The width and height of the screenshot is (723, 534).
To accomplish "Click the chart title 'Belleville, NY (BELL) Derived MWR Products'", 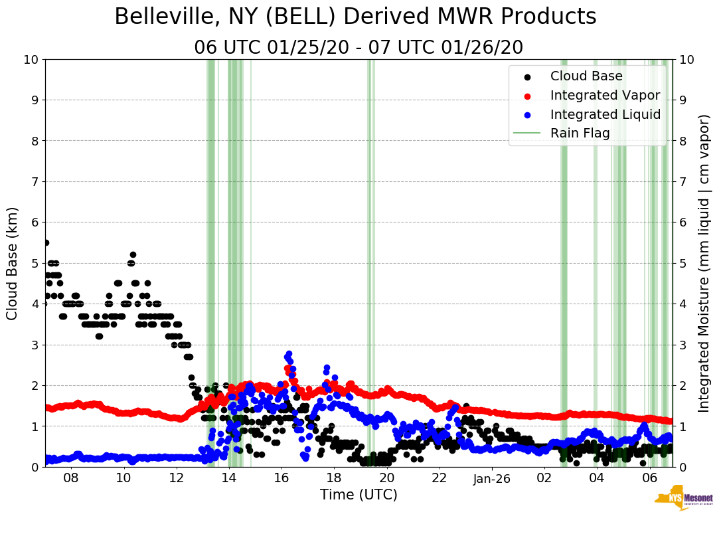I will [355, 17].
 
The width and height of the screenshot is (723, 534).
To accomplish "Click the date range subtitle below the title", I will [359, 48].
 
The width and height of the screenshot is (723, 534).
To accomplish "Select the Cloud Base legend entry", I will [586, 76].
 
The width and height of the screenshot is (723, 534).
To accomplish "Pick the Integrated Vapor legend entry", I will [605, 95].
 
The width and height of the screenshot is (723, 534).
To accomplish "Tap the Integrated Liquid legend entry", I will [605, 114].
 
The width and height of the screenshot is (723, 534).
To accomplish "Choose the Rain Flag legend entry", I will [580, 133].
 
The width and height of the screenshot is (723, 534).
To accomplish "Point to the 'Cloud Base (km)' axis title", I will [13, 263].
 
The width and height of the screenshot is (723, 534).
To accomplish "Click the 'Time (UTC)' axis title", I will [359, 495].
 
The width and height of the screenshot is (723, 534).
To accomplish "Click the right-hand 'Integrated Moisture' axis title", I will [705, 263].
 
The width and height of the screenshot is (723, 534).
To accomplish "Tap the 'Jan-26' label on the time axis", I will [492, 478].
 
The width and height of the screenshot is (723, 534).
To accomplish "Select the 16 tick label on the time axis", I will [281, 478].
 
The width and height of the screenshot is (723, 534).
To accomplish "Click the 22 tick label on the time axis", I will [439, 478].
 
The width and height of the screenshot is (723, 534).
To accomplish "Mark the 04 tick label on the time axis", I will [597, 478].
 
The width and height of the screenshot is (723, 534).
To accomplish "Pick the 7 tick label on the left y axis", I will [35, 182].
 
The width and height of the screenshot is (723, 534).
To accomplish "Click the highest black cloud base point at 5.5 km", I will [46, 242].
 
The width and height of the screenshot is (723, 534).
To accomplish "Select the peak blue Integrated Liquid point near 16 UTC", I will [289, 354].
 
